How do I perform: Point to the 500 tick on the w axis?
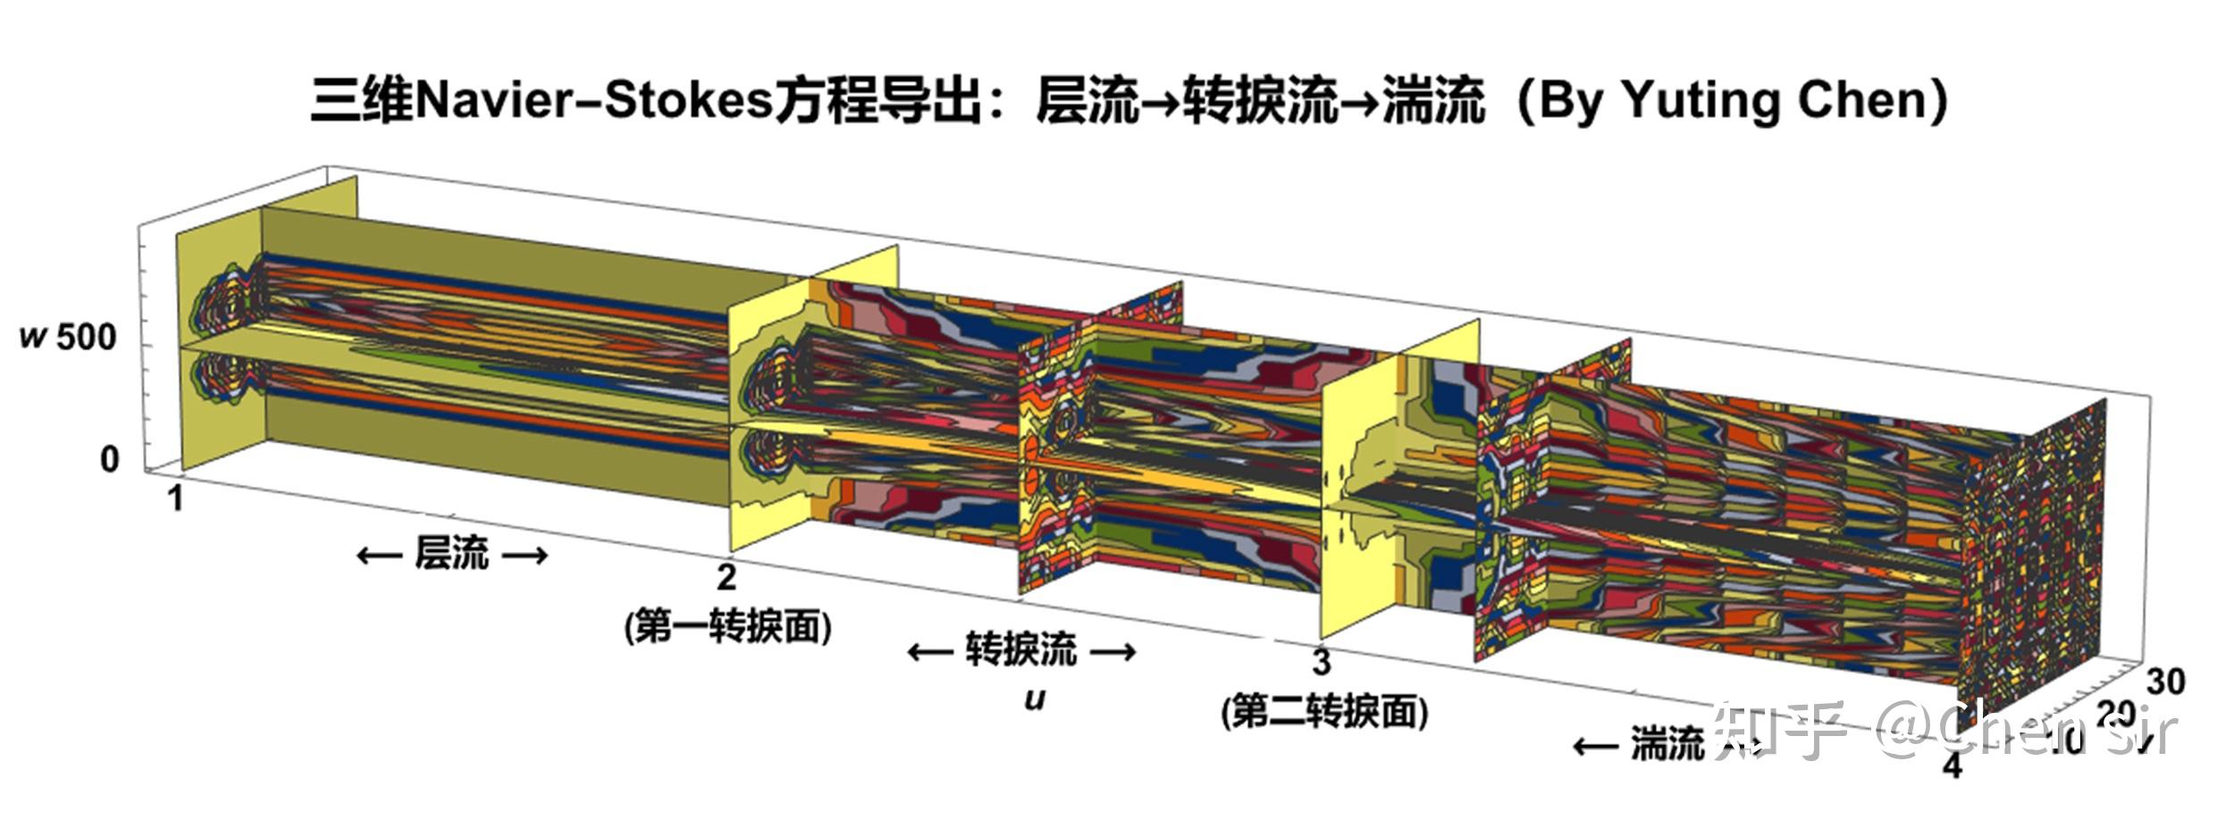(86, 338)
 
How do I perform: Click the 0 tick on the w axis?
(109, 459)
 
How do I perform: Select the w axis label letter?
(33, 338)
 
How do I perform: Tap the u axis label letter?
(1034, 699)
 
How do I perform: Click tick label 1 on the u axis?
(176, 498)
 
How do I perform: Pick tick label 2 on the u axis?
(726, 577)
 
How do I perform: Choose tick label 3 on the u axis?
(1321, 663)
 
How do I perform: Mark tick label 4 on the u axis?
(1953, 766)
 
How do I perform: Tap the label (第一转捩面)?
(727, 627)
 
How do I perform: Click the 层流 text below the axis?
(451, 554)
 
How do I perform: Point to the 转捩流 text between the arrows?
(1021, 649)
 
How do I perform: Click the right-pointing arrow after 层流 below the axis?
(525, 556)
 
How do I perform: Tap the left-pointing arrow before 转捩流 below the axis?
(929, 651)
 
